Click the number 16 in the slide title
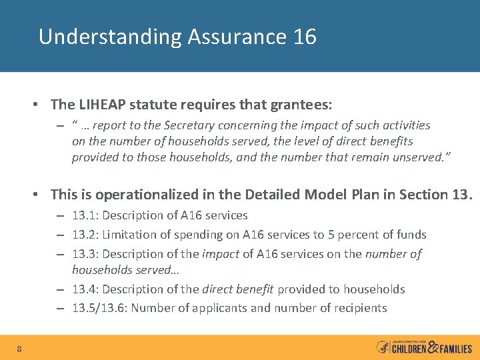305,37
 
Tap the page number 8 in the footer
20,349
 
